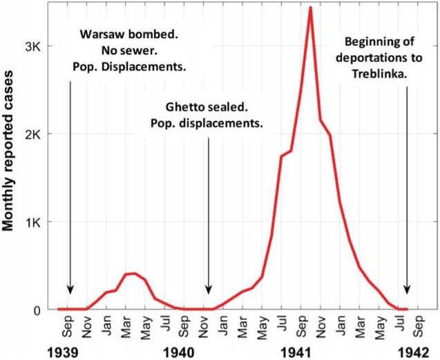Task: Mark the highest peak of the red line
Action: (x=311, y=8)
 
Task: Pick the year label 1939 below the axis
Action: (x=67, y=350)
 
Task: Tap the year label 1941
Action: (x=299, y=350)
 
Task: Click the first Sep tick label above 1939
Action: (x=68, y=325)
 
